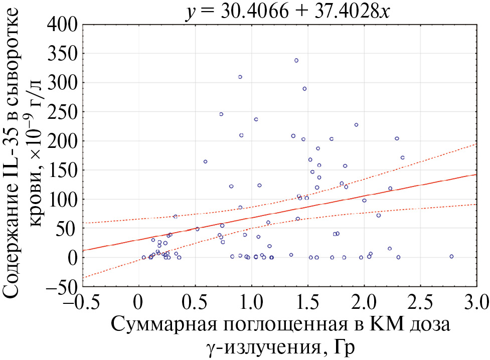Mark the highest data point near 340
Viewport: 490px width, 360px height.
pos(296,60)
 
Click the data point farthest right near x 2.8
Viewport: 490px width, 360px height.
pos(451,256)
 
